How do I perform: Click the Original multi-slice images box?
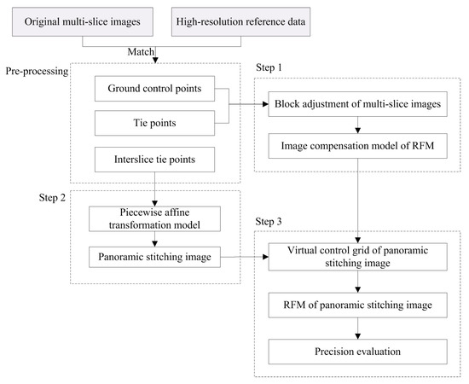pos(80,20)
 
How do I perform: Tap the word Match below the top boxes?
pos(139,52)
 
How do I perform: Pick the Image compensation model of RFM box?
pos(357,145)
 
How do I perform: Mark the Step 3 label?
pos(271,222)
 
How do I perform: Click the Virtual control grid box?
pos(357,257)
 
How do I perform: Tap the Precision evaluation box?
pos(357,351)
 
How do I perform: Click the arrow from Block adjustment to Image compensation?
pos(357,126)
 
